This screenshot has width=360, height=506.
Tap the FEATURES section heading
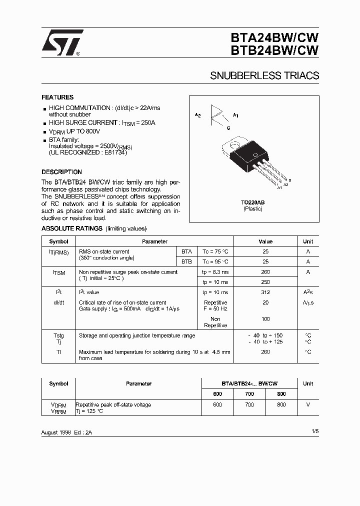[x=57, y=97]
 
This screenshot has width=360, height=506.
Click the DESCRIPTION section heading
[x=61, y=171]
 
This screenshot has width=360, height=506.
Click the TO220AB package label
[x=252, y=202]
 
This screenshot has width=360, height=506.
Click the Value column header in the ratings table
[x=265, y=241]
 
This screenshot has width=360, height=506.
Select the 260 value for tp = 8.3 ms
[x=265, y=272]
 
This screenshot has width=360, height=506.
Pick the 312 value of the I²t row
[x=265, y=292]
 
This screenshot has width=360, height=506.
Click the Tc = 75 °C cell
[x=215, y=251]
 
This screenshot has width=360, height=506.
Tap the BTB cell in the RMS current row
[x=186, y=261]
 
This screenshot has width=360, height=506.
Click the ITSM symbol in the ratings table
[x=58, y=273]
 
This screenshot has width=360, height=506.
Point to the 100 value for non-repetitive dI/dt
[x=265, y=319]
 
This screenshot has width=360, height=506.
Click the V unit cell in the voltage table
[x=308, y=404]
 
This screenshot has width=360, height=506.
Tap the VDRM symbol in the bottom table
[x=58, y=405]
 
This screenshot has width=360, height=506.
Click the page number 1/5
[x=314, y=430]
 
